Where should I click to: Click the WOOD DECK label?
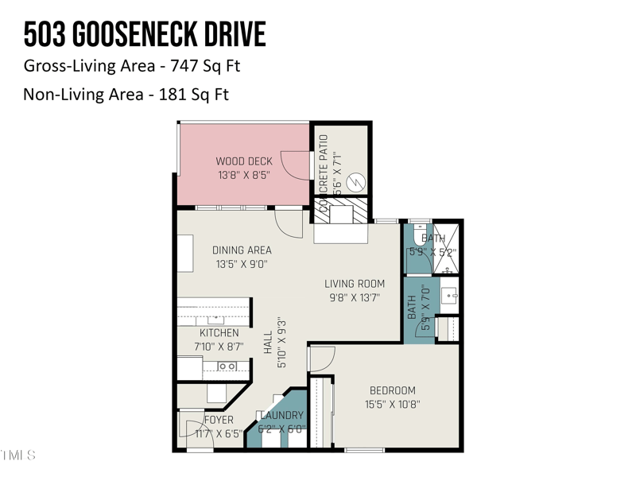(244, 161)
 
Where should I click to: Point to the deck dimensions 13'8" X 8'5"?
(244, 174)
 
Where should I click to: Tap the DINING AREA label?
(242, 250)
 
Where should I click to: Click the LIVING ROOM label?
(355, 284)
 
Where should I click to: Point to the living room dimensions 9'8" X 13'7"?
(355, 297)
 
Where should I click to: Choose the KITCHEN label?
(219, 333)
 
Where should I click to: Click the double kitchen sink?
(227, 366)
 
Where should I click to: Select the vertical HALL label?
(269, 343)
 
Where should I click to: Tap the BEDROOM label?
(393, 390)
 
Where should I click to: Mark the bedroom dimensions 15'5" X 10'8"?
(393, 404)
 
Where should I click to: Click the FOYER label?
(219, 420)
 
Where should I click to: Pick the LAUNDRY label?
(281, 415)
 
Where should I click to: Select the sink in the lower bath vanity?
(448, 296)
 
